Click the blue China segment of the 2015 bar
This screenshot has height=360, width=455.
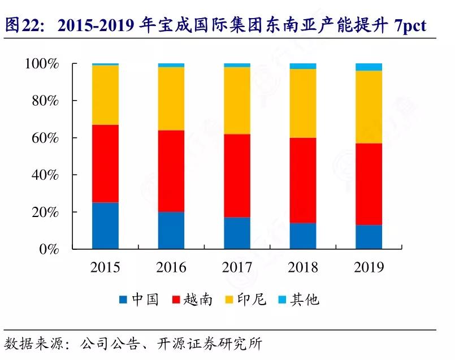pyautogui.click(x=105, y=225)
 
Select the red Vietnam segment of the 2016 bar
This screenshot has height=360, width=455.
pyautogui.click(x=171, y=171)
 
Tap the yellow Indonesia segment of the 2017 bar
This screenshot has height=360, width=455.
pyautogui.click(x=237, y=101)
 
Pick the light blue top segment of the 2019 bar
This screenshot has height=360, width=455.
pyautogui.click(x=369, y=67)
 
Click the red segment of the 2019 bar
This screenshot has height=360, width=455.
pyautogui.click(x=369, y=184)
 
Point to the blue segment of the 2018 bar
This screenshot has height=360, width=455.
pyautogui.click(x=303, y=236)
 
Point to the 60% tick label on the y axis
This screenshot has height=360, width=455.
pyautogui.click(x=45, y=138)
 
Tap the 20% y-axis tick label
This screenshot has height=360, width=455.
pyautogui.click(x=45, y=212)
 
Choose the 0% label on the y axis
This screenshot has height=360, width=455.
pyautogui.click(x=49, y=249)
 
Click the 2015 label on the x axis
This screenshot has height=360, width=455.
pyautogui.click(x=105, y=267)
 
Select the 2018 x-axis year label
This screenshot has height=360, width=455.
pyautogui.click(x=303, y=267)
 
